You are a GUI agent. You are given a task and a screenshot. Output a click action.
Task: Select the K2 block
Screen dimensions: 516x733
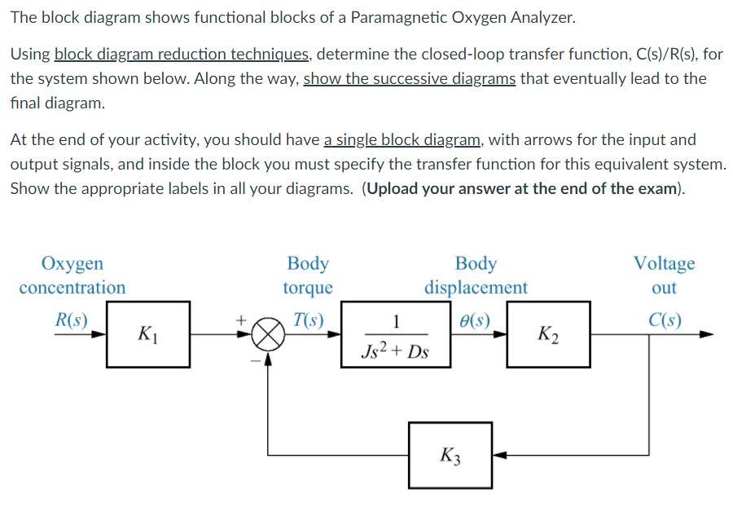point(549,333)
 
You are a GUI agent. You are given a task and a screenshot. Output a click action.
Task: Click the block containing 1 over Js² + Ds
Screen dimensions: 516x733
point(395,334)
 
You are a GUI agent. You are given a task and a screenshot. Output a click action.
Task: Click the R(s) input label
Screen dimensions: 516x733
point(70,319)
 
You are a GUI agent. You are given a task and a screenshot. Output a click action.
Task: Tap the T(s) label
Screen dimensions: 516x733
point(309,319)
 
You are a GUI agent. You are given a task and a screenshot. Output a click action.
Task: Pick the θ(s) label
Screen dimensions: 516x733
point(476,319)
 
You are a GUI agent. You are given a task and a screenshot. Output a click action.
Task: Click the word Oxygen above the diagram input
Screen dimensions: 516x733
point(72,263)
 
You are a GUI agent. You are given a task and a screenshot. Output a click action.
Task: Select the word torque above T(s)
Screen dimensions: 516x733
point(308,288)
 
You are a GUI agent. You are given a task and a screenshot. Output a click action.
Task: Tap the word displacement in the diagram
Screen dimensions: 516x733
point(476,288)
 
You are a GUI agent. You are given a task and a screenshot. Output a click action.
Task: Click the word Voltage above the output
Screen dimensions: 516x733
point(664,263)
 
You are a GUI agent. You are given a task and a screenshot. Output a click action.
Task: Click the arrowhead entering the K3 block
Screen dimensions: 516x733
point(498,455)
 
